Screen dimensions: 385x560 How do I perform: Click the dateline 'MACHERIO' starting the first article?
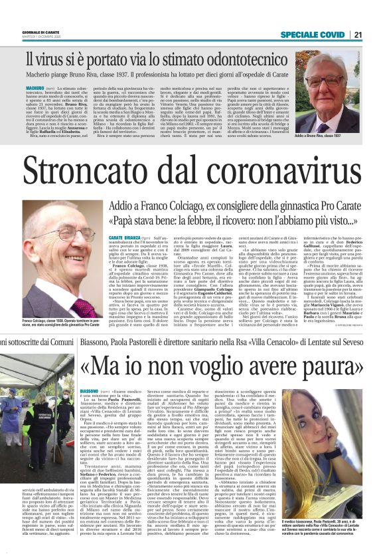click(36, 86)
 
